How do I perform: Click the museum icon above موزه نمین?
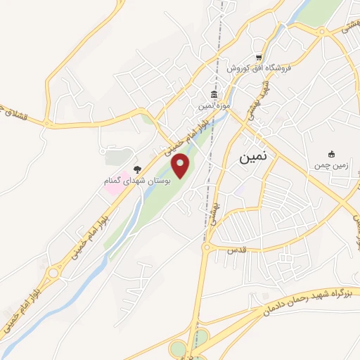pos(214,95)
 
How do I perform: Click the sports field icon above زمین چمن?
pos(332,154)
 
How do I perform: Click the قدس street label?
pos(234,250)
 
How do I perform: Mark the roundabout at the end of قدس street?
pos(207,247)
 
